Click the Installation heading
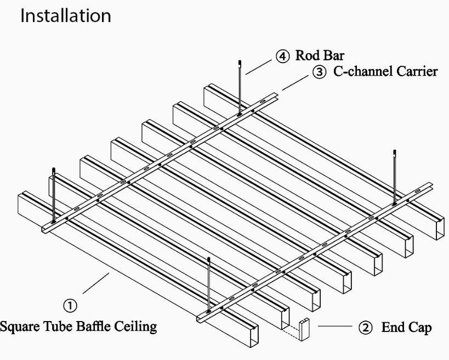65,15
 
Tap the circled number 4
282,56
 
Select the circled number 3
319,71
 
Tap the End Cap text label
406,328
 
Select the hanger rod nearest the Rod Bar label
240,88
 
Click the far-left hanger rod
54,195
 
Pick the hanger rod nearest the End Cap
209,285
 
